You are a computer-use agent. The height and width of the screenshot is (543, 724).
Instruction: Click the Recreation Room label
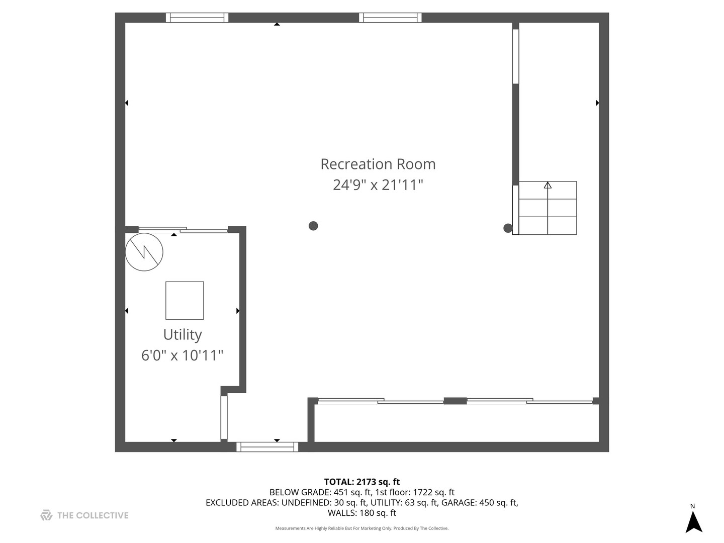[378, 164]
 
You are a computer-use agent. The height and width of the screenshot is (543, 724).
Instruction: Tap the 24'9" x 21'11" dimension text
[378, 185]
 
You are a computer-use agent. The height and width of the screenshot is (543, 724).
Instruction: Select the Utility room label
[183, 335]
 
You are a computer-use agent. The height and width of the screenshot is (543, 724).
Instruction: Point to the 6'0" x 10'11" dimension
[183, 355]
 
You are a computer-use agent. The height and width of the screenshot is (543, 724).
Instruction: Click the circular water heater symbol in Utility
[144, 252]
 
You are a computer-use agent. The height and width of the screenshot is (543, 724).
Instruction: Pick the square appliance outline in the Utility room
[185, 300]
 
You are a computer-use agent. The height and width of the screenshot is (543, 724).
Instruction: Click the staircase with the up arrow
[548, 208]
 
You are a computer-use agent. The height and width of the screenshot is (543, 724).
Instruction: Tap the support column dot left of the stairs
[508, 228]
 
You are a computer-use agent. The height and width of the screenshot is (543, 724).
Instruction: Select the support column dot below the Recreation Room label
[313, 226]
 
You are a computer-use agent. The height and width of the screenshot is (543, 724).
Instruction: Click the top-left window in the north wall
[197, 18]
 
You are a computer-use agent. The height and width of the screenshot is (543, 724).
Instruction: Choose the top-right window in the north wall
[390, 18]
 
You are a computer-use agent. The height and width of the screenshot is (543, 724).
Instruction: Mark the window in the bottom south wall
[267, 447]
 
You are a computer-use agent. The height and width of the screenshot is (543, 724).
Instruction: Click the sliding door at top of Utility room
[183, 229]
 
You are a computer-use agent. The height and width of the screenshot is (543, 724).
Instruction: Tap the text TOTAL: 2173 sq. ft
[362, 482]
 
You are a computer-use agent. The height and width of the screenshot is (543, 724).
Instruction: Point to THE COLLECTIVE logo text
[93, 515]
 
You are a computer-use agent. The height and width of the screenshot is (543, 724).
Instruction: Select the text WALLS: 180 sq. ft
[362, 513]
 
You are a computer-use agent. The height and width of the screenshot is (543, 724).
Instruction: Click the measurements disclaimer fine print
[362, 528]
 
